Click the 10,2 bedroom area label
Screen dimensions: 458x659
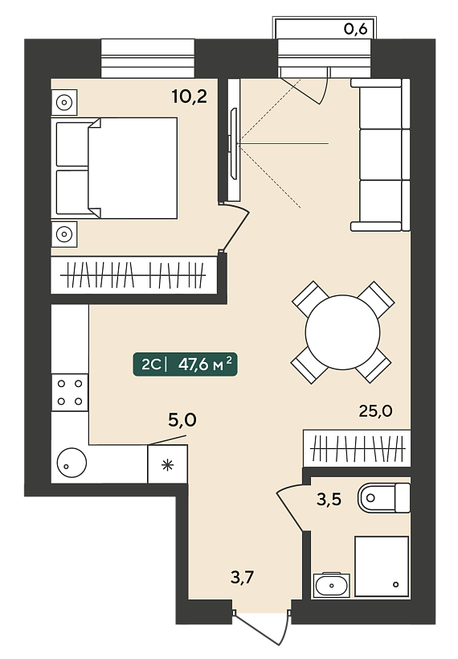(190, 97)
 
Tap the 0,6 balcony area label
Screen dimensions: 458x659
(356, 29)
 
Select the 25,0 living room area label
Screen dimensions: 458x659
(376, 410)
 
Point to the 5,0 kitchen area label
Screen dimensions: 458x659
(182, 420)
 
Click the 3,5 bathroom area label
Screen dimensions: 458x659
(329, 500)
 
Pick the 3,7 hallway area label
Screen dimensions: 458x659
(243, 578)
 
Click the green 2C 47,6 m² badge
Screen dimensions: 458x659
(185, 364)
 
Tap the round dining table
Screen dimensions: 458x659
(342, 332)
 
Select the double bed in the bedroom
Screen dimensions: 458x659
(114, 168)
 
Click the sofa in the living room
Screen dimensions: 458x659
(380, 154)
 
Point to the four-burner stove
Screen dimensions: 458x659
(70, 393)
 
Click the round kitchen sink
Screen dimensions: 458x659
(72, 463)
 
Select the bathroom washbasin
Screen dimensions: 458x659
(332, 585)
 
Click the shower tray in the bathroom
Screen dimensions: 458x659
(382, 566)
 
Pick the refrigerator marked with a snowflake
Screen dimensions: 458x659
(167, 464)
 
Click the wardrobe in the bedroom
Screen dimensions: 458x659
(134, 275)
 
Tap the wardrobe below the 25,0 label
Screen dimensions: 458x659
(357, 448)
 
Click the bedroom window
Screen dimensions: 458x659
(148, 59)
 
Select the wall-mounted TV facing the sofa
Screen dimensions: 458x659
(233, 143)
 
